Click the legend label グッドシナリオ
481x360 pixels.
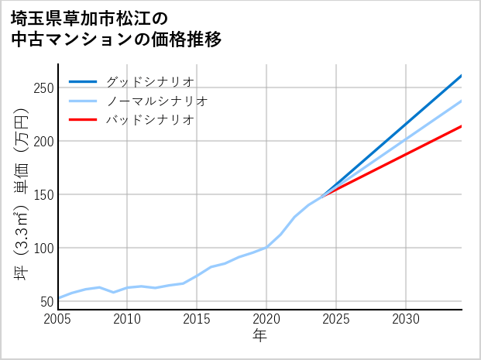tap(149, 81)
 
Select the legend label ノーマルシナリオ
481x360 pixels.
tap(156, 101)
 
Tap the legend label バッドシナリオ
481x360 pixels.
tap(149, 120)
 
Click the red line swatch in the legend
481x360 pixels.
tap(84, 120)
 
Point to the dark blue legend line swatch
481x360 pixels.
tap(84, 81)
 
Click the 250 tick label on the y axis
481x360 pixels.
tap(43, 88)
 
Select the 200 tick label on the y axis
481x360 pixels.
tap(43, 142)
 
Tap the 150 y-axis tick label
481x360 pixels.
tap(43, 195)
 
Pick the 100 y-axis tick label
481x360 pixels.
tap(43, 249)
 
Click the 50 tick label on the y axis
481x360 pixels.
tap(46, 302)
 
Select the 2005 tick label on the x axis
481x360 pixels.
tap(58, 319)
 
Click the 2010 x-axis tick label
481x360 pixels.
tap(127, 319)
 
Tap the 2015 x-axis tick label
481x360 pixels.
tap(197, 319)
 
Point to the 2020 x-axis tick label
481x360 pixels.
tap(266, 319)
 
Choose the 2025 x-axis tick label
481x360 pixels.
tap(336, 319)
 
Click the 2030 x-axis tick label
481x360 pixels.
tap(406, 319)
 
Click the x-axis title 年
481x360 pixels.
tap(259, 336)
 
